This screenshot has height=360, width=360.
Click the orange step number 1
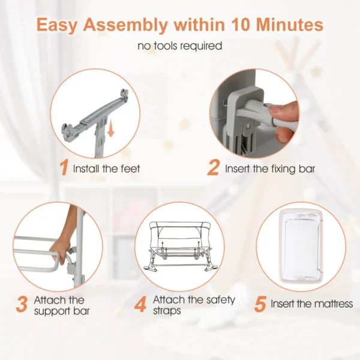[x=64, y=168]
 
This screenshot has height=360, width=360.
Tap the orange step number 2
[x=213, y=168]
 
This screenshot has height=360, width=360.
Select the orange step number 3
[x=22, y=304]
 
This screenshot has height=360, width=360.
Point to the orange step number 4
[x=140, y=304]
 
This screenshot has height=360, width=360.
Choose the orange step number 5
[x=260, y=304]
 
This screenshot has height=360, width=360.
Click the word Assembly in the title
[x=125, y=25]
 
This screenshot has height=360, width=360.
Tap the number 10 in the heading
[x=241, y=25]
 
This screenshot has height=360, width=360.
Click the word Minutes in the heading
[x=290, y=25]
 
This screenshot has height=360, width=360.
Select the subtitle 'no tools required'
[x=180, y=46]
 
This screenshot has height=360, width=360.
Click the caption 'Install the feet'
[x=106, y=169]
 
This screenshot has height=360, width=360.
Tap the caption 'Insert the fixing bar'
[x=270, y=169]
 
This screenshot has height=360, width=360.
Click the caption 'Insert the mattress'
[x=312, y=304]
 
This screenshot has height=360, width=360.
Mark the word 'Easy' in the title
[x=57, y=25]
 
